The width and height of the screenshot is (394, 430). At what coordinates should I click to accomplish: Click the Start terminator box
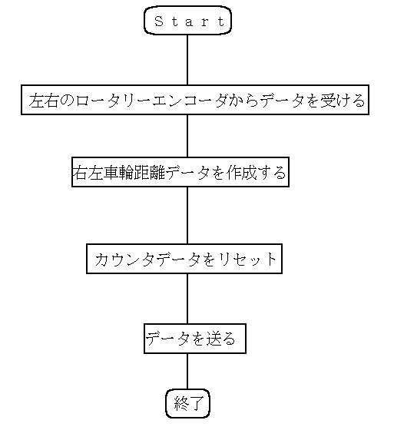click(187, 21)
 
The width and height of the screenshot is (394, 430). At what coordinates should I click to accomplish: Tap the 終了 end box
click(187, 403)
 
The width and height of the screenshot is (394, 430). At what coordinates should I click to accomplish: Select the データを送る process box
click(195, 339)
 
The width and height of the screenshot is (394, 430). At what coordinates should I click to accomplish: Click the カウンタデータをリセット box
click(184, 259)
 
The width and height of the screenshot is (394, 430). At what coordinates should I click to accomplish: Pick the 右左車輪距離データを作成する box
click(180, 172)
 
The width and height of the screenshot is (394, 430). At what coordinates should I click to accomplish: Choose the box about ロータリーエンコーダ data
click(195, 100)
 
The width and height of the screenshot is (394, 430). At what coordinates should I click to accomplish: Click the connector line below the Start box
click(187, 60)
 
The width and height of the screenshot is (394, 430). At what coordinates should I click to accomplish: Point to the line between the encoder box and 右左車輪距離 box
click(187, 136)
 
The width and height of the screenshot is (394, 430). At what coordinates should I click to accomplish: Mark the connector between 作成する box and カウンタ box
click(187, 215)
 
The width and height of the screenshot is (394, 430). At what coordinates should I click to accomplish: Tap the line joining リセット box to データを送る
click(187, 299)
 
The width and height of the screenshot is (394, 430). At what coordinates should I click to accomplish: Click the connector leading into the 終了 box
click(187, 372)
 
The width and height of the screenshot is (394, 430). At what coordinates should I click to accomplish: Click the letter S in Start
click(159, 21)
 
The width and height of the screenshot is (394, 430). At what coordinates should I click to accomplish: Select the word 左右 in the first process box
click(44, 101)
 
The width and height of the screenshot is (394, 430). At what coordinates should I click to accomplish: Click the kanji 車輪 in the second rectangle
click(118, 173)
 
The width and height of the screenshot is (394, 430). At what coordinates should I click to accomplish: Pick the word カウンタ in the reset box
click(126, 260)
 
